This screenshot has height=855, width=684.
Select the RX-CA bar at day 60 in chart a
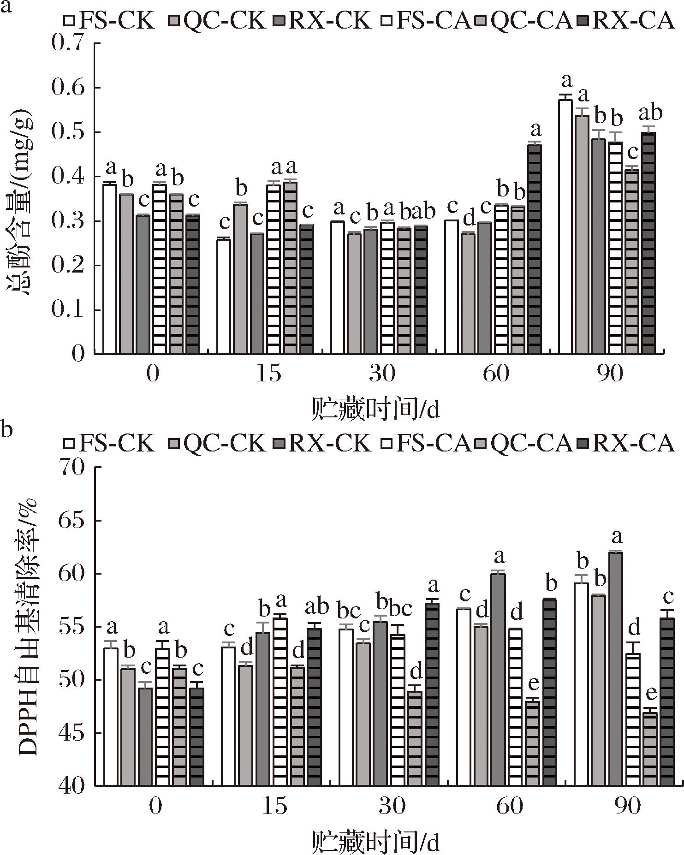535,249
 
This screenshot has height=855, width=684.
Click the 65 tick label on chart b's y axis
74,521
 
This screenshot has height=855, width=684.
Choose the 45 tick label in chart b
74,733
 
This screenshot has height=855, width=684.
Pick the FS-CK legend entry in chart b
110,443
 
